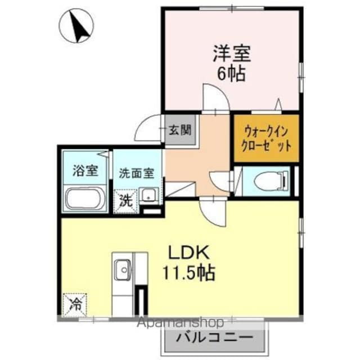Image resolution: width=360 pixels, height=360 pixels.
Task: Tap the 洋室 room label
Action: pyautogui.click(x=231, y=55)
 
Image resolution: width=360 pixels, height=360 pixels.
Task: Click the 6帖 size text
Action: pyautogui.click(x=231, y=74)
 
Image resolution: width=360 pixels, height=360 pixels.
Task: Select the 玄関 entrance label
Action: pyautogui.click(x=179, y=130)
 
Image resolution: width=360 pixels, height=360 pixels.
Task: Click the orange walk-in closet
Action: pyautogui.click(x=266, y=138)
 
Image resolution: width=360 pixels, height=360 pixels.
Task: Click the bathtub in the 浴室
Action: pyautogui.click(x=85, y=199)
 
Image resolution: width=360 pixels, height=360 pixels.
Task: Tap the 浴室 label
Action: pyautogui.click(x=85, y=170)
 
